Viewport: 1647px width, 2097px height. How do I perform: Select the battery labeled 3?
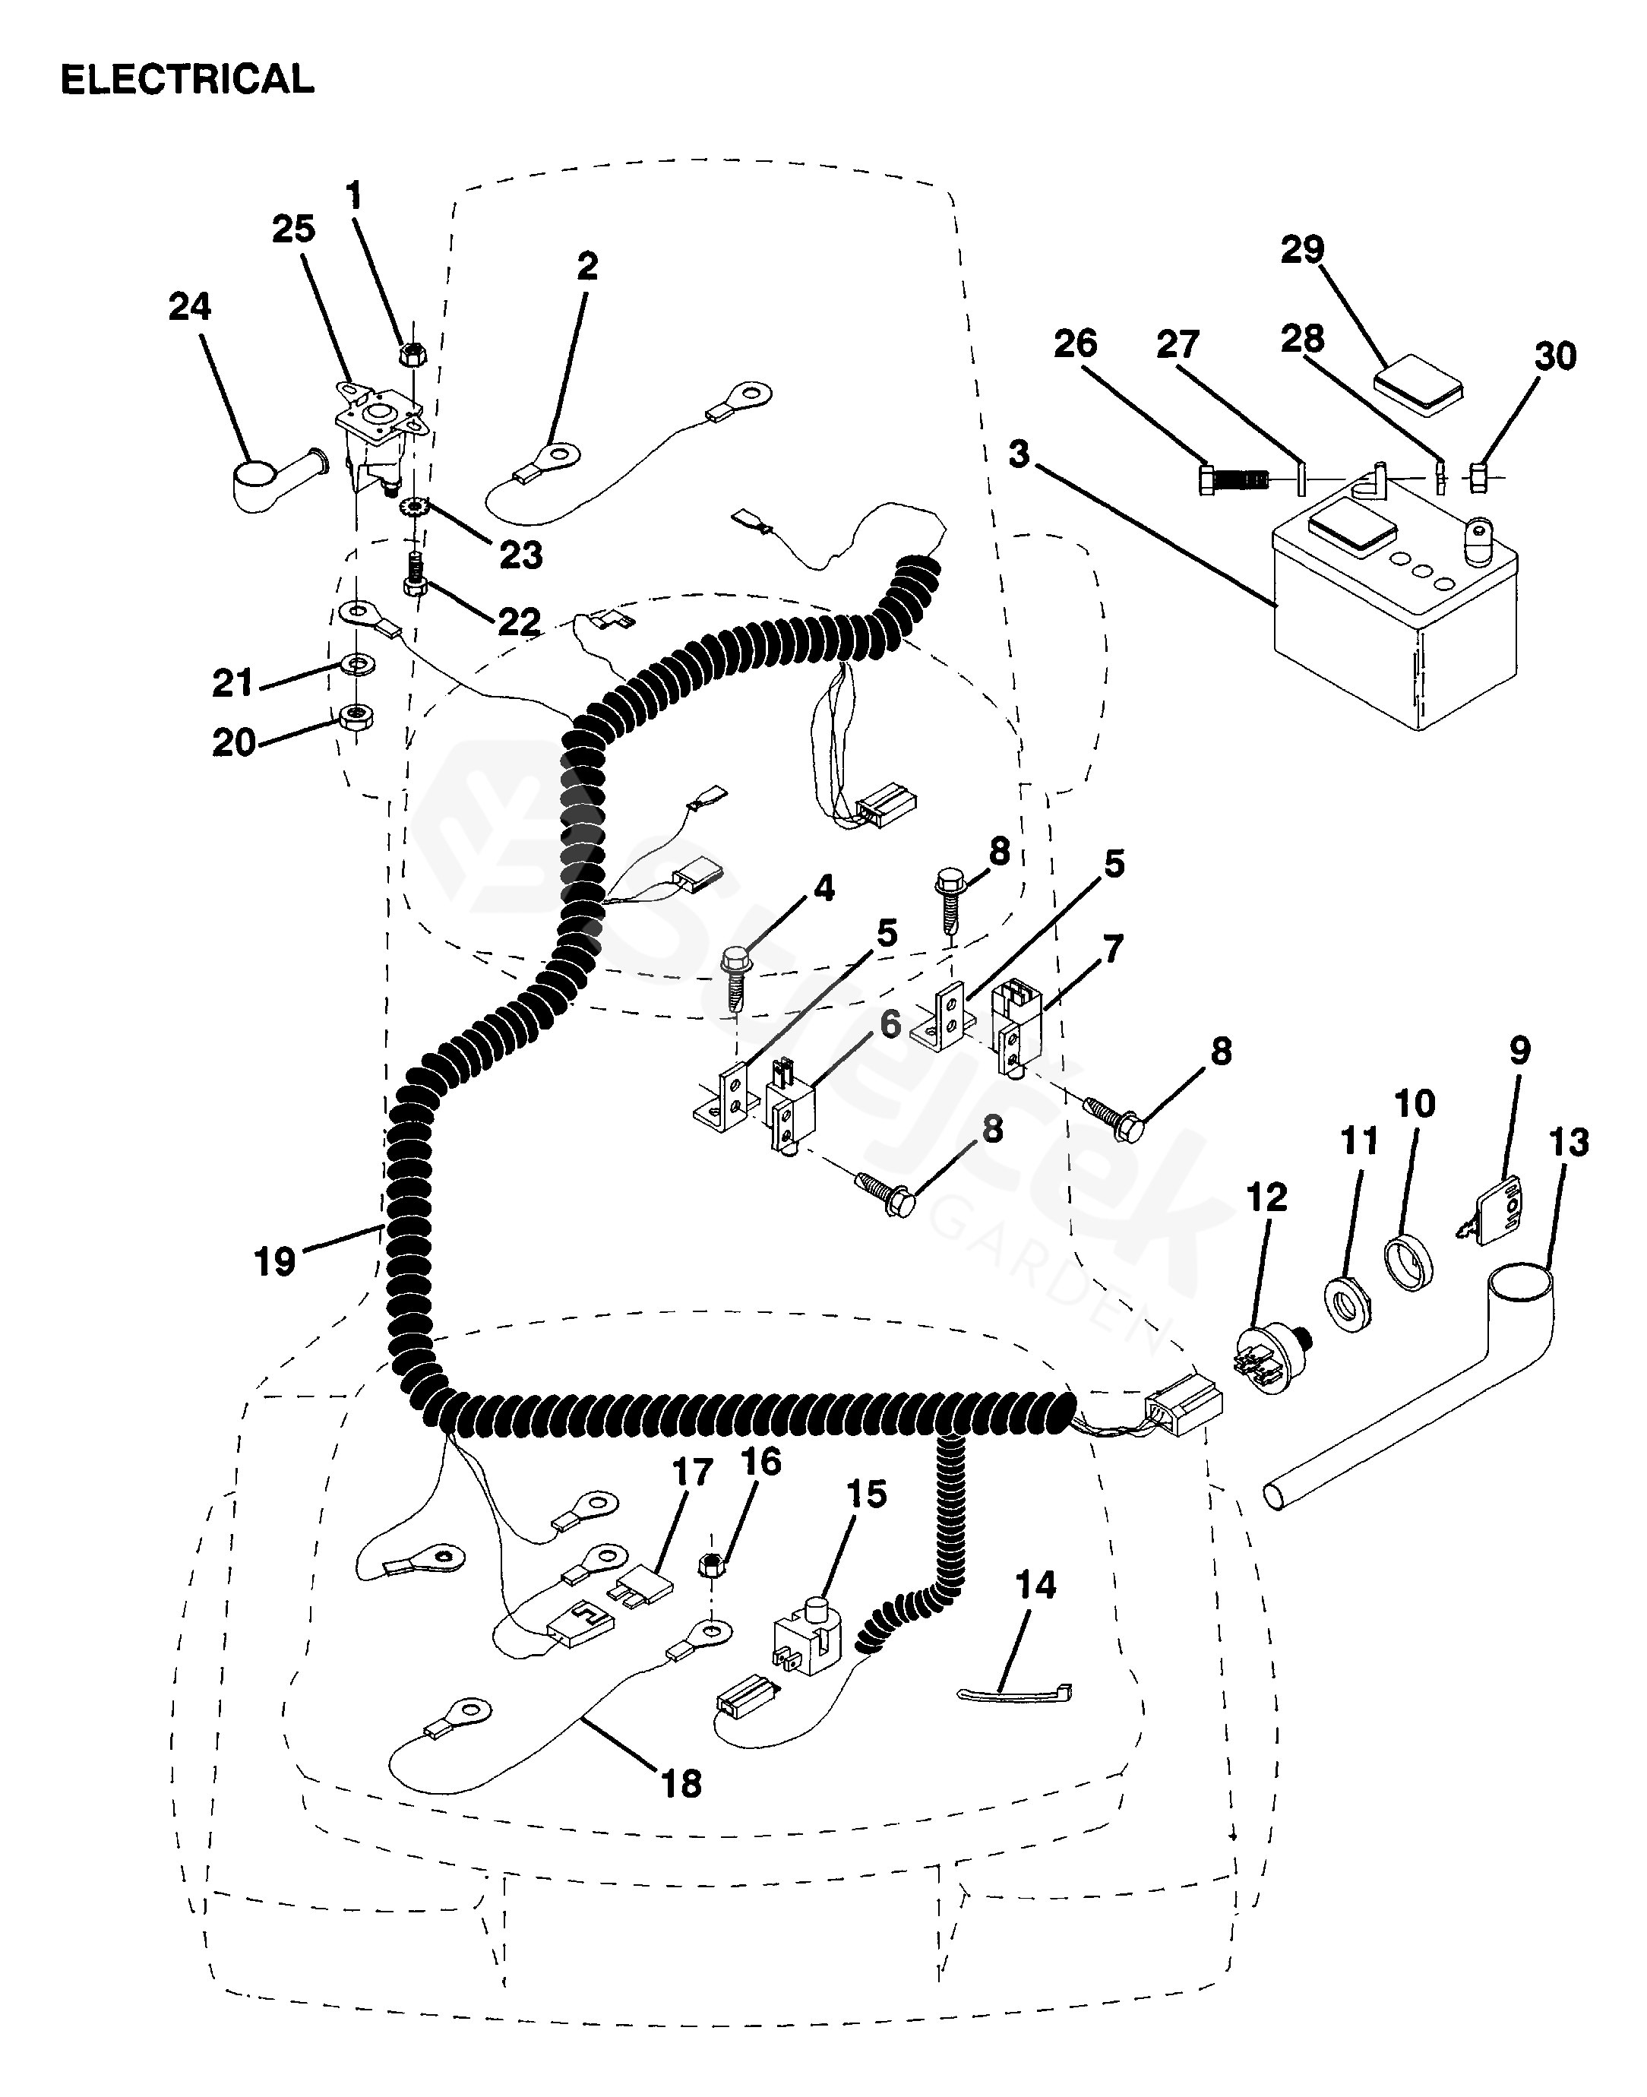pyautogui.click(x=1394, y=627)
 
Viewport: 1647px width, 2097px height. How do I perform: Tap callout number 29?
pyautogui.click(x=1302, y=250)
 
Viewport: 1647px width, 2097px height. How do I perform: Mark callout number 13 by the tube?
pyautogui.click(x=1568, y=1143)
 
